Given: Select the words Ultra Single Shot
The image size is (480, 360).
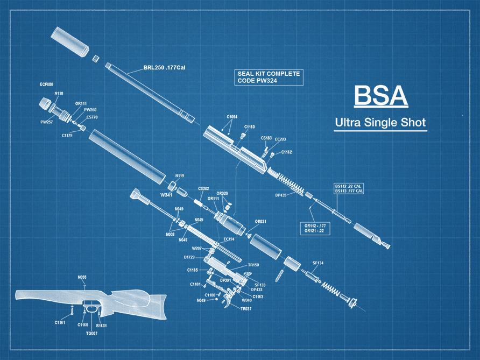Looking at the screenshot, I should tap(380, 123).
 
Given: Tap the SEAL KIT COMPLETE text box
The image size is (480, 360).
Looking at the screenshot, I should tap(269, 77).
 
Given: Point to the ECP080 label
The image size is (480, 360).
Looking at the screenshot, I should tap(46, 84).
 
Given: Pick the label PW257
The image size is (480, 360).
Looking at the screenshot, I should tap(46, 122).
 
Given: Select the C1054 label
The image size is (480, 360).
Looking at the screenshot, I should tap(232, 117).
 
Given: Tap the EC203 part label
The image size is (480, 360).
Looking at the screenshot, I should tap(280, 139).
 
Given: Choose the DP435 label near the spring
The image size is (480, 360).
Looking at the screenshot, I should tap(281, 195).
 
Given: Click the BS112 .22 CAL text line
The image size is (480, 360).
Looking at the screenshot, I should tap(349, 186).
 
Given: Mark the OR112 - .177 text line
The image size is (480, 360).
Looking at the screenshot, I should tap(315, 225).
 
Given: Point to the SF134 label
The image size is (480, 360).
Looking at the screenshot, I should tap(319, 263).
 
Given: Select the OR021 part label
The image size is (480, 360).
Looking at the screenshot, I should tap(260, 221).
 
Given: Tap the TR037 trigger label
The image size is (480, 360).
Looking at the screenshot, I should tap(245, 309).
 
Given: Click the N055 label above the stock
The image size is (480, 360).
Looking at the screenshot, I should tap(82, 277).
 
